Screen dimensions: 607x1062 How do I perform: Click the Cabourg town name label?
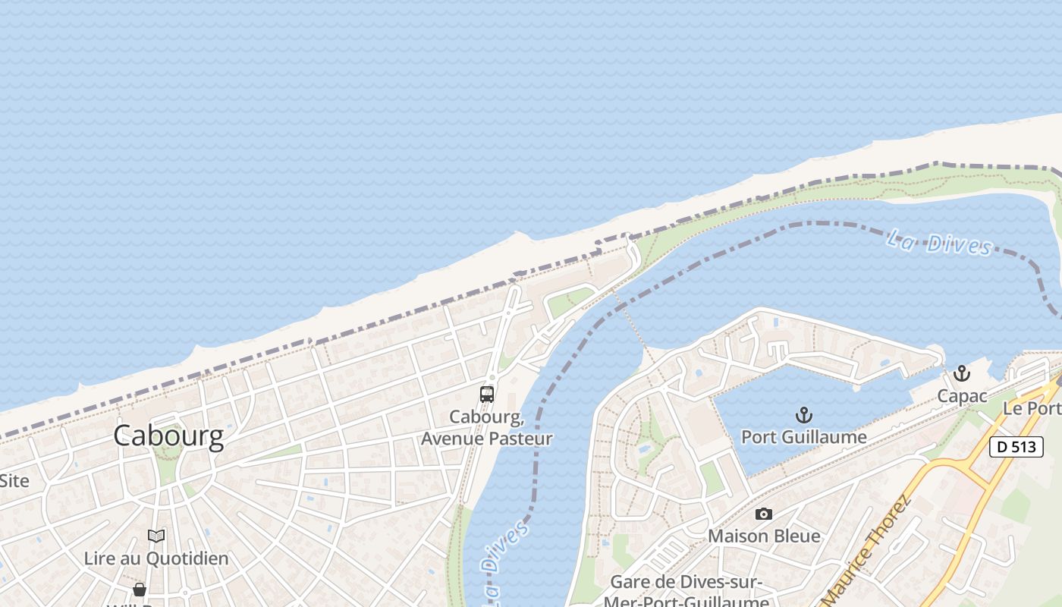(x=168, y=436)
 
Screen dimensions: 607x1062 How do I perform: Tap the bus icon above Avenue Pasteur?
(x=487, y=395)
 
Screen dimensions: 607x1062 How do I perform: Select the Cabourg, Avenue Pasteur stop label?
(x=487, y=428)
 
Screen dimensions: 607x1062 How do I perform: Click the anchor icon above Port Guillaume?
(x=803, y=415)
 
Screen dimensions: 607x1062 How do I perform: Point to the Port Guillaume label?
(x=803, y=437)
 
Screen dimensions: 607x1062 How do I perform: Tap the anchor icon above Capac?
(x=962, y=373)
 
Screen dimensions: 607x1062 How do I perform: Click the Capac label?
(x=962, y=396)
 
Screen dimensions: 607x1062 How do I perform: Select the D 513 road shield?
(x=1016, y=447)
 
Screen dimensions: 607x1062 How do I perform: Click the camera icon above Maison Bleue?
(x=764, y=514)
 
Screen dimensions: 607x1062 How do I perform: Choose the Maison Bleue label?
(x=764, y=536)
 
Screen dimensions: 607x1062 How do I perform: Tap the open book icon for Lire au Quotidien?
(x=156, y=536)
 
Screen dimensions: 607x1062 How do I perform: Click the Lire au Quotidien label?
(x=156, y=558)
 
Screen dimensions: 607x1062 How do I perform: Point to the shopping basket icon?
(x=140, y=590)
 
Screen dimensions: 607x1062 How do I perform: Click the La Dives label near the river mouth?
(x=939, y=244)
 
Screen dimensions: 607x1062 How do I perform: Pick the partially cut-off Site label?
(x=14, y=480)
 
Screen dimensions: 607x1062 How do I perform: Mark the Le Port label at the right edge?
(x=1032, y=408)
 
